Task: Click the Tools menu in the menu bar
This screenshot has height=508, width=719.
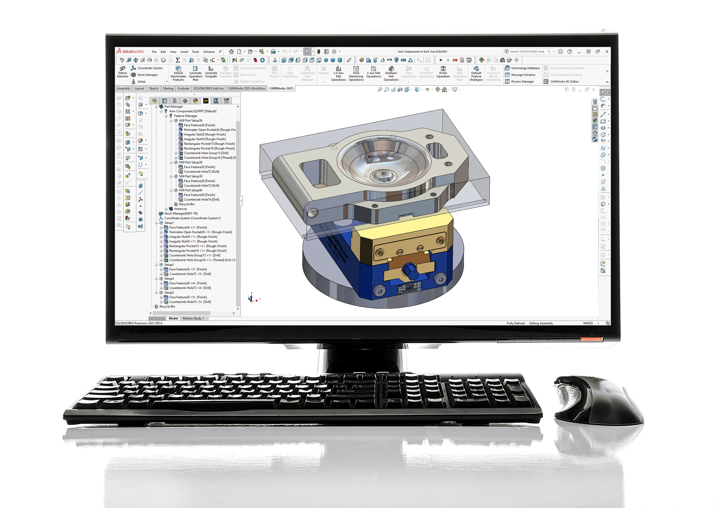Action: [195, 52]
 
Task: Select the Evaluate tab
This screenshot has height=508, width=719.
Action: [183, 89]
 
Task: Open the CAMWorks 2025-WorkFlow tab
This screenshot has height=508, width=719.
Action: [246, 89]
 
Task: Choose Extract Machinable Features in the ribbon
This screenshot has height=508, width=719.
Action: [178, 73]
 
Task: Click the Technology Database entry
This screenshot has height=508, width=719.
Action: [525, 68]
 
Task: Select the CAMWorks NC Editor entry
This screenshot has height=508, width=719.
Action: [564, 82]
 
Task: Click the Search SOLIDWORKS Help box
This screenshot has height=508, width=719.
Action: [527, 52]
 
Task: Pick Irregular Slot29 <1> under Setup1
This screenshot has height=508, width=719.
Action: [193, 237]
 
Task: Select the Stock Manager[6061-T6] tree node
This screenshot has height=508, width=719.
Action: [181, 214]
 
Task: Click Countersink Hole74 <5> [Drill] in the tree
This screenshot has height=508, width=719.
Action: [190, 302]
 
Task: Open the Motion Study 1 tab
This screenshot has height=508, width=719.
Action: [193, 319]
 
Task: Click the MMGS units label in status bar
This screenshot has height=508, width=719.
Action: [588, 323]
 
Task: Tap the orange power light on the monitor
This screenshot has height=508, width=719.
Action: [591, 339]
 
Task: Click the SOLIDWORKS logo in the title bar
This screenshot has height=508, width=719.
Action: [130, 51]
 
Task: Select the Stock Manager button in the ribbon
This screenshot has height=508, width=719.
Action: [147, 75]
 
